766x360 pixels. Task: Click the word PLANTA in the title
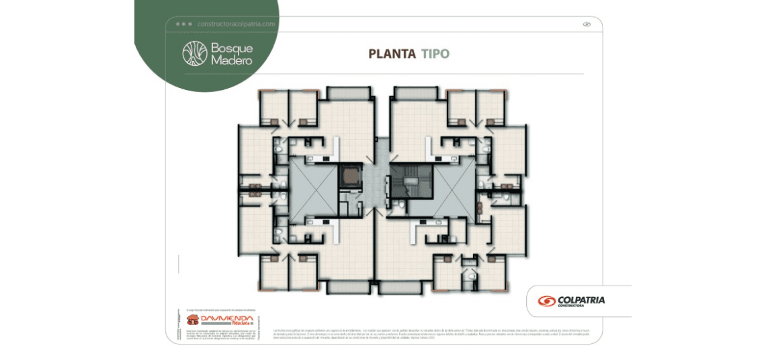click(x=392, y=54)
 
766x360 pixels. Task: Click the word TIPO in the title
click(x=435, y=54)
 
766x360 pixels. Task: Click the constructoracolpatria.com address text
click(x=237, y=24)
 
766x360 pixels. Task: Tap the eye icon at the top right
click(x=586, y=24)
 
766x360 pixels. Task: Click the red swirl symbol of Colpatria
click(x=546, y=301)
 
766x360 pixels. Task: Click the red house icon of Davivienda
click(x=193, y=320)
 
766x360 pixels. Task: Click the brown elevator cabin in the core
click(x=349, y=175)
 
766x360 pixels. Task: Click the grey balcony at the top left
click(x=348, y=93)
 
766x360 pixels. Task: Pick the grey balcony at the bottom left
click(x=348, y=287)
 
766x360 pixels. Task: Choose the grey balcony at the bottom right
click(x=403, y=287)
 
